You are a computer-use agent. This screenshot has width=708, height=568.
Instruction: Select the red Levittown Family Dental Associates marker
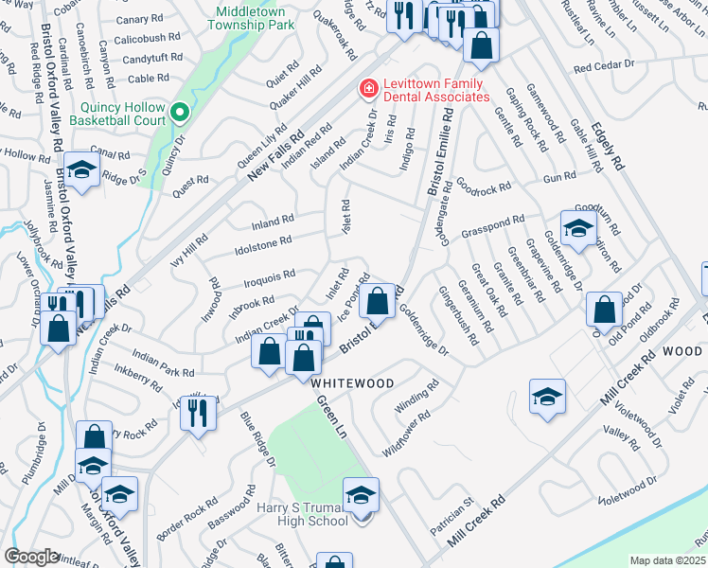(x=365, y=89)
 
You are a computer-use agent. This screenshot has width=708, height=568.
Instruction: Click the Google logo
(x=31, y=556)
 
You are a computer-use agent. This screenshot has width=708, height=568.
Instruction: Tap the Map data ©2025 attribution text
(x=667, y=560)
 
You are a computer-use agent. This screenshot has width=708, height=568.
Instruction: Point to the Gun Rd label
(x=559, y=177)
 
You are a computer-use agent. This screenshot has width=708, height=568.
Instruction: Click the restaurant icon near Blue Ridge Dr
(x=198, y=412)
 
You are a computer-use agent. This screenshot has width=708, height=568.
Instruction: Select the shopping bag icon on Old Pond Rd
(x=603, y=309)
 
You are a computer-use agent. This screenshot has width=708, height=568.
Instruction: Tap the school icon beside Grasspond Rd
(x=578, y=227)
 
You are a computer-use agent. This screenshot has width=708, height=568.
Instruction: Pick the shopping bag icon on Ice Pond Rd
(x=377, y=302)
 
